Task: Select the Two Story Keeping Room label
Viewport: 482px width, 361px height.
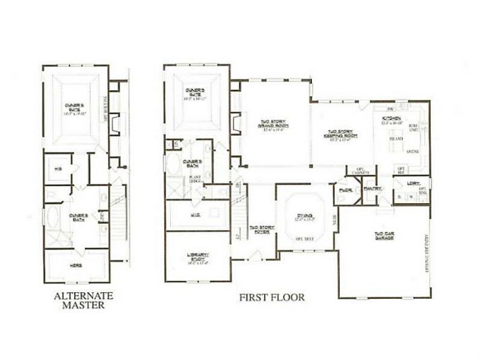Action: click(x=342, y=134)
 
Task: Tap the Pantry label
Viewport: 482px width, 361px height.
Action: click(x=371, y=189)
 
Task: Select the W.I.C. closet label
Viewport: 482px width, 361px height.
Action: click(x=198, y=217)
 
